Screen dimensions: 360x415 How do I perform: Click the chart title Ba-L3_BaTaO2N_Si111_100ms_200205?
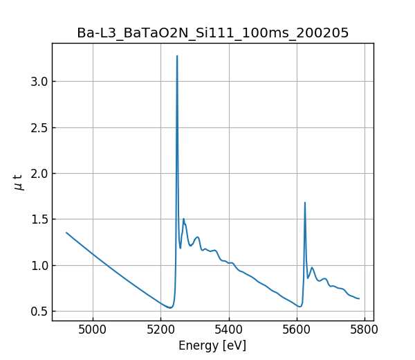tap(212, 33)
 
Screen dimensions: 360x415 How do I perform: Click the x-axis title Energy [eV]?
tap(212, 345)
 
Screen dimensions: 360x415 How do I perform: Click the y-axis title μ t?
tap(19, 182)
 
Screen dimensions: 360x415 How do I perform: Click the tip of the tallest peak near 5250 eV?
tap(177, 56)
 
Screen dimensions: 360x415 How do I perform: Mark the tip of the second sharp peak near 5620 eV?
tap(305, 203)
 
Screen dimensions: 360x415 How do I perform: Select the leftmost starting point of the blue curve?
tap(66, 233)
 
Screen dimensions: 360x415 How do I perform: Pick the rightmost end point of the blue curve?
tap(359, 298)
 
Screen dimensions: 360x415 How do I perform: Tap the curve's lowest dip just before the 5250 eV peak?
tap(169, 307)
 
